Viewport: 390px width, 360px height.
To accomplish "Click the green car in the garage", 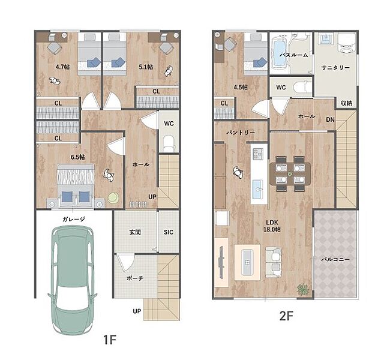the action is pyautogui.click(x=73, y=280).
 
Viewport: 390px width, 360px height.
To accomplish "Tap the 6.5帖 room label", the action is pyautogui.click(x=77, y=157).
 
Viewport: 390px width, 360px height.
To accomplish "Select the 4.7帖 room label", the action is pyautogui.click(x=62, y=67).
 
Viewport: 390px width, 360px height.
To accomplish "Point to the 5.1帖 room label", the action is pyautogui.click(x=146, y=67).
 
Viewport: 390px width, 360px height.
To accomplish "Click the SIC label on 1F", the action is pyautogui.click(x=169, y=232).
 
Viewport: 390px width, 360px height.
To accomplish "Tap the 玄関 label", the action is pyautogui.click(x=135, y=232).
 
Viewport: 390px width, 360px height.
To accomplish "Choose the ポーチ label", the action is pyautogui.click(x=135, y=278).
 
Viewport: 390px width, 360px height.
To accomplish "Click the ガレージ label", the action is pyautogui.click(x=74, y=219).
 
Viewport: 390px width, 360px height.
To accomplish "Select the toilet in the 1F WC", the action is pyautogui.click(x=169, y=143).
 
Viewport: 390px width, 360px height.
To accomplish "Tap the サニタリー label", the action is pyautogui.click(x=335, y=67).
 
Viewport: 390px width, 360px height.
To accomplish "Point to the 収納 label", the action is pyautogui.click(x=346, y=103).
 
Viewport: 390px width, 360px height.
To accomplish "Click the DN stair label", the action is pyautogui.click(x=331, y=119).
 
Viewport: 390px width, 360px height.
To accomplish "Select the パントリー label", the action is pyautogui.click(x=241, y=133).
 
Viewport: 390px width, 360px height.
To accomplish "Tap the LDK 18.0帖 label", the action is pyautogui.click(x=272, y=226).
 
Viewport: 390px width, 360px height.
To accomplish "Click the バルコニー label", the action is pyautogui.click(x=335, y=259).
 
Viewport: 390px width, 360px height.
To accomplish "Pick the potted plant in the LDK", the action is pyautogui.click(x=303, y=290).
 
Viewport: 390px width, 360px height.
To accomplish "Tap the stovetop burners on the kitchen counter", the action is pyautogui.click(x=258, y=154).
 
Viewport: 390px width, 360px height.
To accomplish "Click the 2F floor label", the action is pyautogui.click(x=286, y=316).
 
